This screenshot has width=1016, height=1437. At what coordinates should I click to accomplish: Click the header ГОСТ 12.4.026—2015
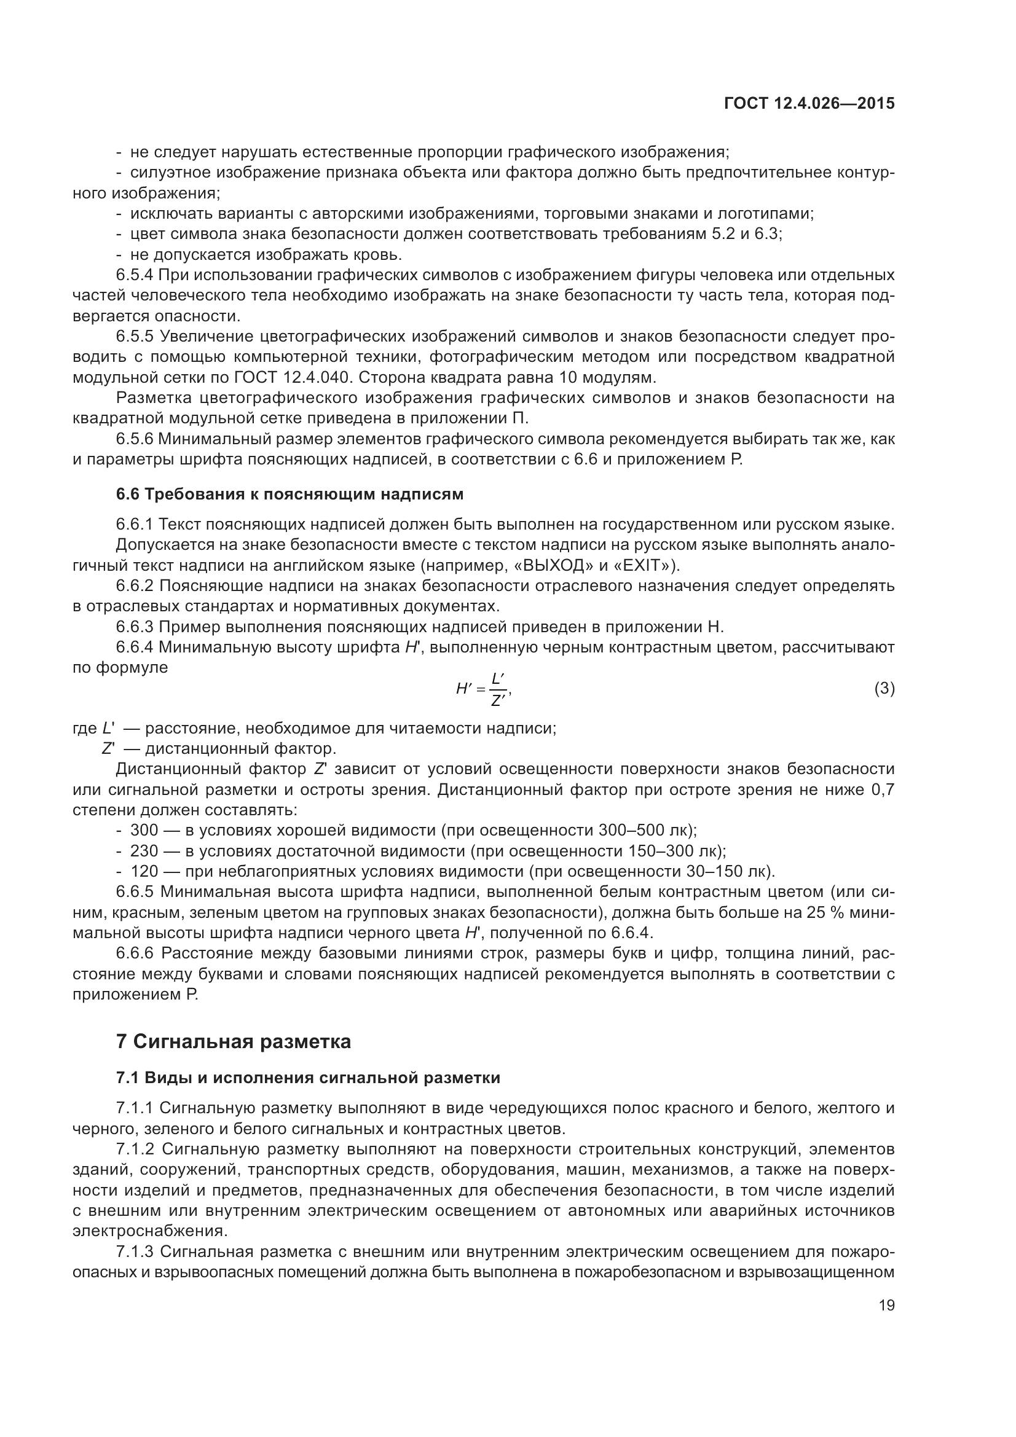[x=809, y=104]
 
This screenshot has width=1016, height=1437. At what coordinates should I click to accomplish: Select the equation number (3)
[x=884, y=689]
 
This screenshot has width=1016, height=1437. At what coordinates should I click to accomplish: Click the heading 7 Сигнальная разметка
[x=234, y=1042]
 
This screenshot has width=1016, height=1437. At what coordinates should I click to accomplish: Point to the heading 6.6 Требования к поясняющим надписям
[x=289, y=495]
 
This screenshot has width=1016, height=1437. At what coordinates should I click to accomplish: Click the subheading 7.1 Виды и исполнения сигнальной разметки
[x=308, y=1078]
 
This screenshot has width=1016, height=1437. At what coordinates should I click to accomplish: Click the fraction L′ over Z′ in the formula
[x=499, y=689]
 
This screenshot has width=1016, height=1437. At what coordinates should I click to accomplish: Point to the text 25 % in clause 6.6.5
[x=825, y=912]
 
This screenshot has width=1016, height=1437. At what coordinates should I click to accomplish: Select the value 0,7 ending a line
[x=883, y=790]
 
